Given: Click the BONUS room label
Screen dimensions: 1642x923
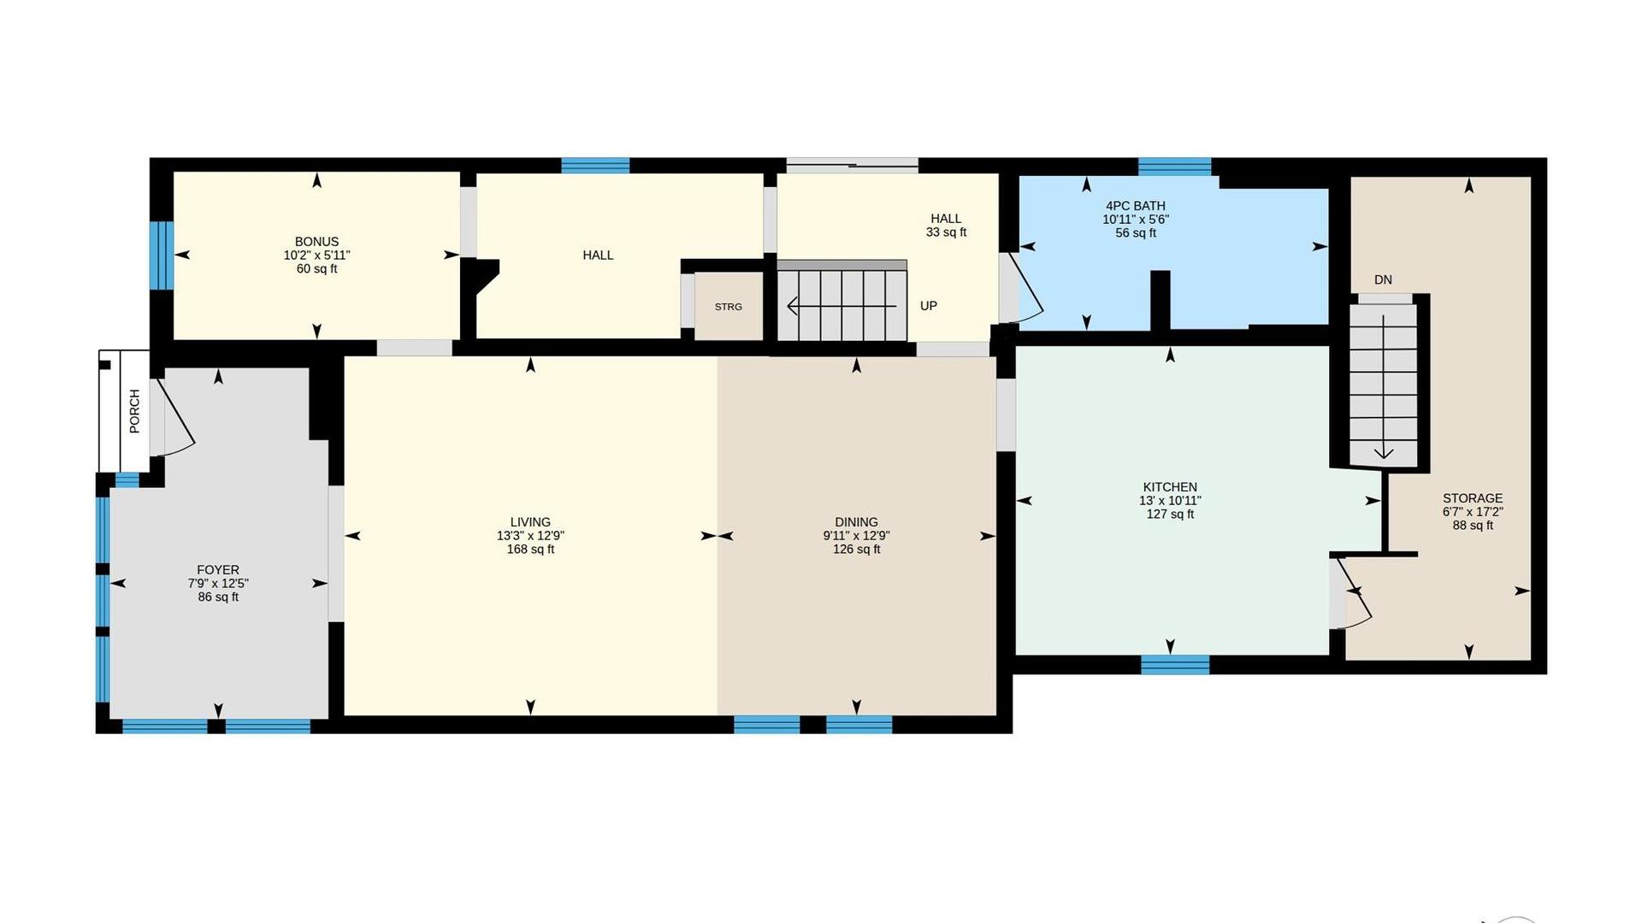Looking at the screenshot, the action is click(316, 242).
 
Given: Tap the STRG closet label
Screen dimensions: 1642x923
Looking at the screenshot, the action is click(729, 307).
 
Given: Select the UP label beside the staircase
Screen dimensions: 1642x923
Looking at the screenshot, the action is click(929, 306).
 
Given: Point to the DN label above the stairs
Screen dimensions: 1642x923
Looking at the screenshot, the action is click(1383, 279).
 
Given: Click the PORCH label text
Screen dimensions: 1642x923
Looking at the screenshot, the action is click(134, 411).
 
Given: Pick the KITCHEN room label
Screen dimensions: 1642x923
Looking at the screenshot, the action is click(1170, 487).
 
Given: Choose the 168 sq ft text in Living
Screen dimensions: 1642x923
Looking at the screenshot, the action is click(530, 550).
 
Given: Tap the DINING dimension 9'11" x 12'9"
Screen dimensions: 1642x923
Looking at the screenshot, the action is click(856, 536).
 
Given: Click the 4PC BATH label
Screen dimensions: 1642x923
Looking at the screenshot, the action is click(1136, 206).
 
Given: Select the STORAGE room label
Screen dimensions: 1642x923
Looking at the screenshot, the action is click(1473, 498).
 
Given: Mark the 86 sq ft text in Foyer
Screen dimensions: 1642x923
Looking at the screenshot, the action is click(218, 597).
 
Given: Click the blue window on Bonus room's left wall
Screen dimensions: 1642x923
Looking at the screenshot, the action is click(162, 256).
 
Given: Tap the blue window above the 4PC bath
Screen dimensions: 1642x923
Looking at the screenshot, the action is click(1174, 167).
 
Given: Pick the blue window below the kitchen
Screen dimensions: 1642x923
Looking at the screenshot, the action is click(1175, 664).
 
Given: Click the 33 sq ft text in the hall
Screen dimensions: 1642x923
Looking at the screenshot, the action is click(946, 232).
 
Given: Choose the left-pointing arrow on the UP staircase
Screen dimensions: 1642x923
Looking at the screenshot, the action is click(842, 305).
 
